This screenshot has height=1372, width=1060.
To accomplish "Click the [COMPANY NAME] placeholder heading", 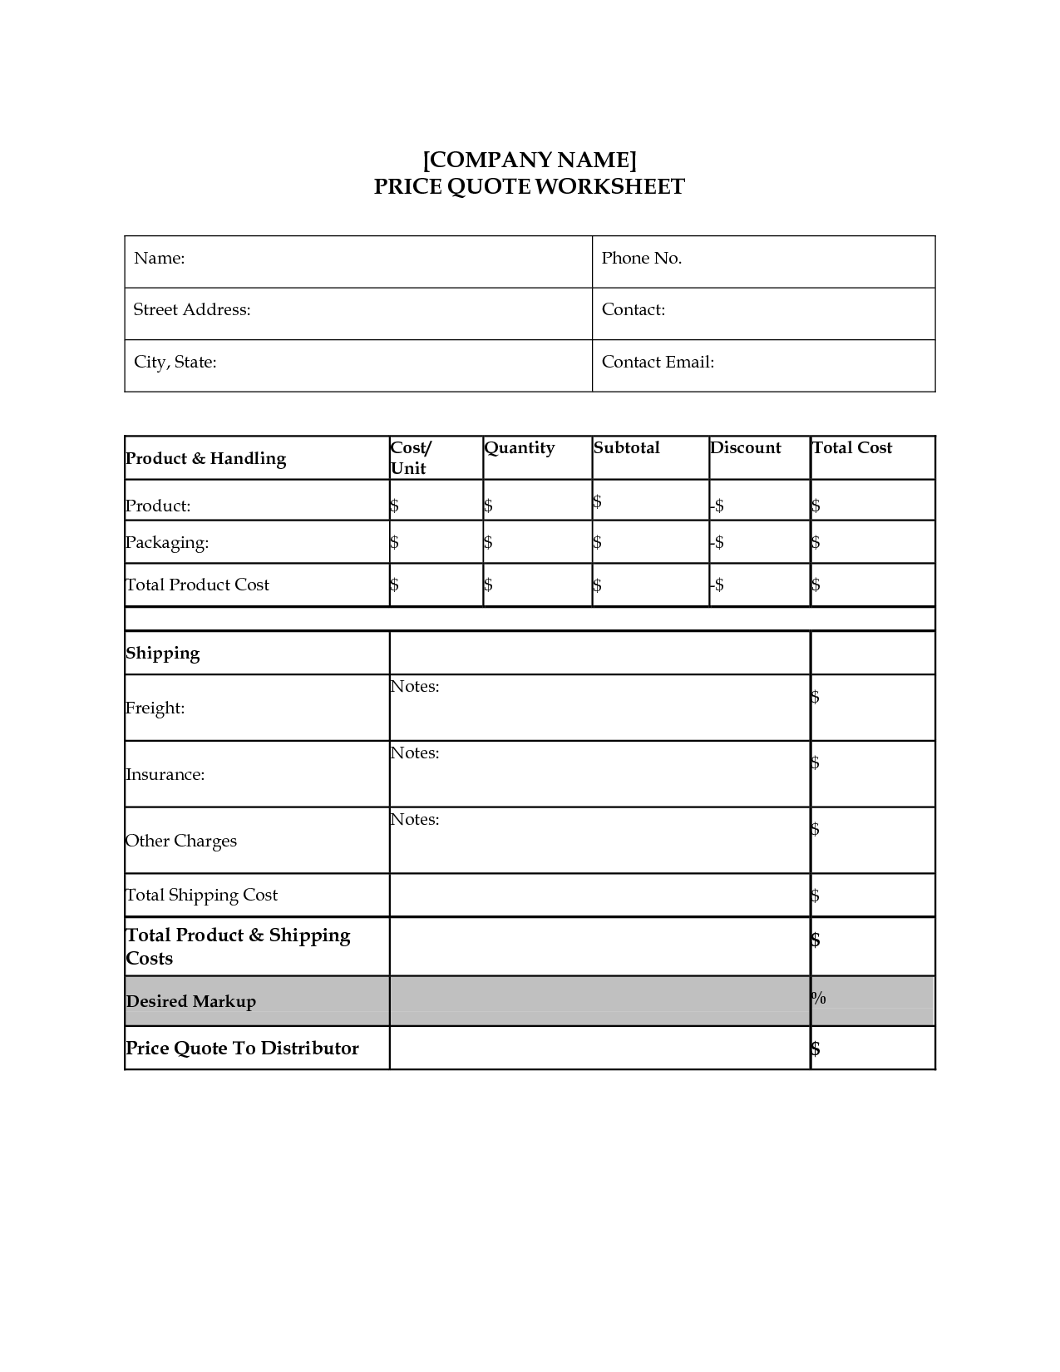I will [x=530, y=159].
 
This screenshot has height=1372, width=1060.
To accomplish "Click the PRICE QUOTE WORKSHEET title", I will [x=530, y=186].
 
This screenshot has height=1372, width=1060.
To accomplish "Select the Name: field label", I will [x=159, y=258].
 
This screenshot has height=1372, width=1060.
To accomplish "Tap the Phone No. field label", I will [x=642, y=258].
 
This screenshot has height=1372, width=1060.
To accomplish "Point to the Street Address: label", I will [x=192, y=309].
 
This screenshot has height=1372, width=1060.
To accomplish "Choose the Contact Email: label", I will [x=658, y=362].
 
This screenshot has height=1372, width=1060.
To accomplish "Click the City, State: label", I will [x=175, y=362].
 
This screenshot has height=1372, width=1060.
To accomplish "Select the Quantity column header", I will [x=520, y=447].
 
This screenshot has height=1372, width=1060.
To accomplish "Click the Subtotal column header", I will [x=627, y=447].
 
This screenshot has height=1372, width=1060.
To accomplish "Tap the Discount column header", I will [x=746, y=447].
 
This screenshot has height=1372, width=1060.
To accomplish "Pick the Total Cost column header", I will [x=852, y=447].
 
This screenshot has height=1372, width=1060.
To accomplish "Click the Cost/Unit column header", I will [x=411, y=457].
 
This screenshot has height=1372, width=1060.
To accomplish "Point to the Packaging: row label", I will [x=167, y=542].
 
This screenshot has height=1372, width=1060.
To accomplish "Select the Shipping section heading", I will [x=163, y=653].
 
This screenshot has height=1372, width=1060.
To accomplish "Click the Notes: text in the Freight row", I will [x=414, y=686].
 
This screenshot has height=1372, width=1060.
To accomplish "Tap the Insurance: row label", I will [x=165, y=774].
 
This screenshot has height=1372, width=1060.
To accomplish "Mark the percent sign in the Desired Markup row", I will [x=819, y=998].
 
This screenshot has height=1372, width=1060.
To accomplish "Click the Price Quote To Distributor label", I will [x=242, y=1048].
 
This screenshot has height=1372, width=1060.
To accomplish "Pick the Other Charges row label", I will [x=181, y=841].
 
